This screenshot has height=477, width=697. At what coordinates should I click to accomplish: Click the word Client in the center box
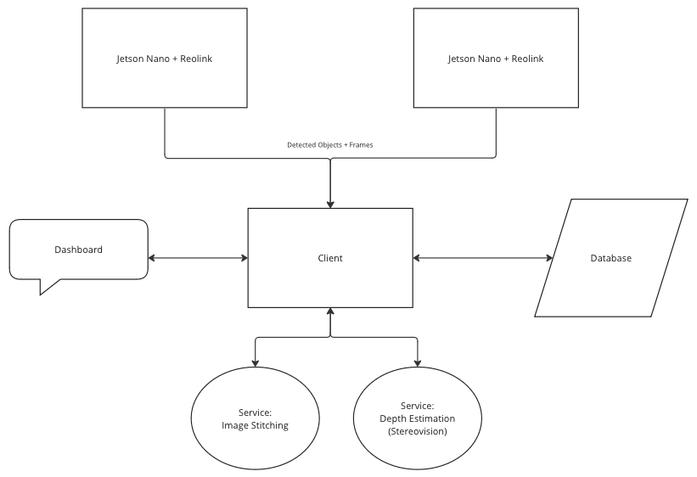coord(330,258)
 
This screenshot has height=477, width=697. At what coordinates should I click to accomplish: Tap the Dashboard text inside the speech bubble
coord(78,250)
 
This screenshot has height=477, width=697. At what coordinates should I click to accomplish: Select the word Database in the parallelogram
coord(610,258)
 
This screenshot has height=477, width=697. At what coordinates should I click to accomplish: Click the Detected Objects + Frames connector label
coord(329,145)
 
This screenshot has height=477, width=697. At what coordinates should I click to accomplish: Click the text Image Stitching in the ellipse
coord(255,425)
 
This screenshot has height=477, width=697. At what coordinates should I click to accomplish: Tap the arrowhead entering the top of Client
coord(330,204)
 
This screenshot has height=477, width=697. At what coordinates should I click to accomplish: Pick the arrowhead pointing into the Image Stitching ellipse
coord(256,363)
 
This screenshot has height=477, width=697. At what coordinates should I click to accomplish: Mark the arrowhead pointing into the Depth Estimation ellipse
coord(417,363)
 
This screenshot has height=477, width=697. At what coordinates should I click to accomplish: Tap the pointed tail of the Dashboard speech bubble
coord(42,293)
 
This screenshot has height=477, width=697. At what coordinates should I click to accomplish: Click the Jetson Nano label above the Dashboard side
coord(164,59)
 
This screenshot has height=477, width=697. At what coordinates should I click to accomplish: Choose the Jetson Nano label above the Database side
coord(495,59)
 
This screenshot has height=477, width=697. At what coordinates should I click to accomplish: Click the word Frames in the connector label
coord(360,145)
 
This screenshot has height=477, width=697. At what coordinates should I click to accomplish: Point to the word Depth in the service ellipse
coord(392,418)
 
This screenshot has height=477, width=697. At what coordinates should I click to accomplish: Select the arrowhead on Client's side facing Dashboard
coord(243,258)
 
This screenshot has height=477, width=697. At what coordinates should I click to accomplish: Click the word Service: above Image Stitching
coord(255,412)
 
